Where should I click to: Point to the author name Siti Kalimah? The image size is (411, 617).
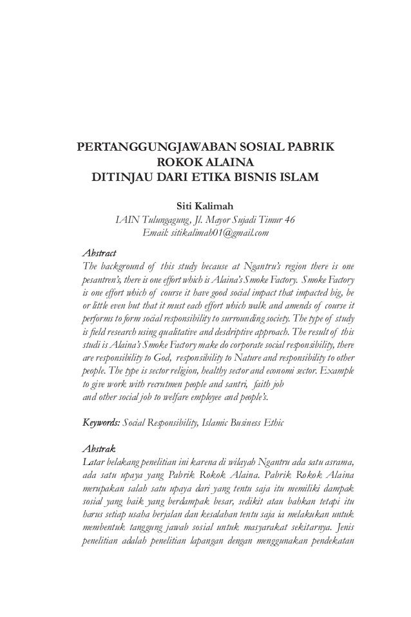point(205,207)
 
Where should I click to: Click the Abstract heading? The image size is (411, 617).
point(95,251)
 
